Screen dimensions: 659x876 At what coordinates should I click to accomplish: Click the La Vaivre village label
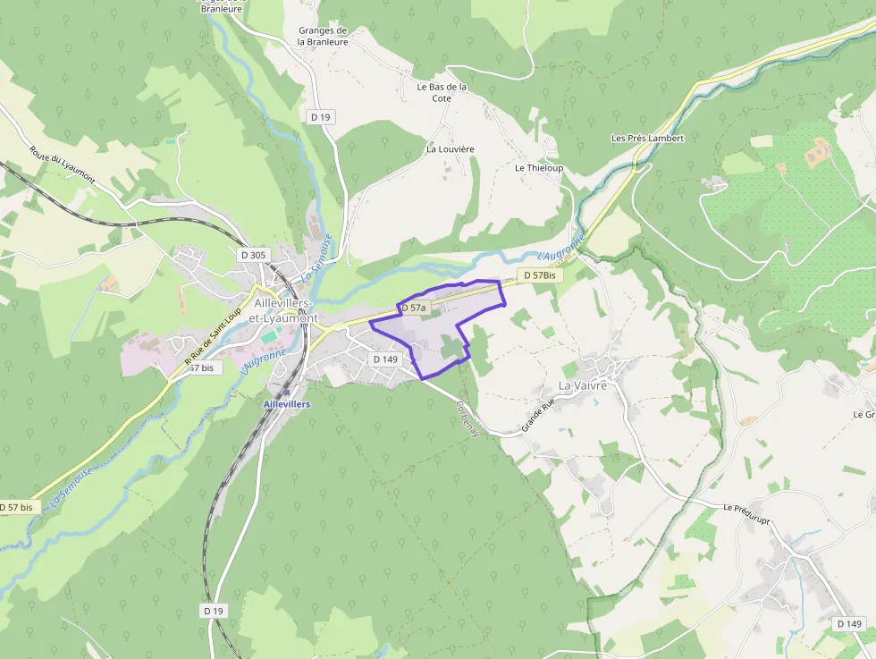[x=583, y=385]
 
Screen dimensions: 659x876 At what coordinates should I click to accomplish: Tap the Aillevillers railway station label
[x=287, y=404]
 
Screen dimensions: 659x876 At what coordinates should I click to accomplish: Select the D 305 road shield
[x=253, y=255]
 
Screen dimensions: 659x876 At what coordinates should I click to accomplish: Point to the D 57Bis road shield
[x=540, y=276]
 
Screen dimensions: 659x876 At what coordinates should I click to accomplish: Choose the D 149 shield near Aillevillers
[x=385, y=359]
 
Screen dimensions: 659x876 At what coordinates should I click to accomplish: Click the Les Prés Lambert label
[x=647, y=139]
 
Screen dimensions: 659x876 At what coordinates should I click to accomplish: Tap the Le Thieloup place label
[x=539, y=168]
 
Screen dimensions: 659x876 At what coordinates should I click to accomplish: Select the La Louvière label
[x=450, y=149]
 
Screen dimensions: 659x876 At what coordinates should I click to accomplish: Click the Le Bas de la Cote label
[x=442, y=92]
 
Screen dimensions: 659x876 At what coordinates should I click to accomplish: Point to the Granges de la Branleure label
[x=323, y=36]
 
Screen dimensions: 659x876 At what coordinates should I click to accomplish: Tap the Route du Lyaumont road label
[x=62, y=165]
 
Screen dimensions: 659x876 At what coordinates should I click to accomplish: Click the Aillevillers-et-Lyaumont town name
[x=286, y=310]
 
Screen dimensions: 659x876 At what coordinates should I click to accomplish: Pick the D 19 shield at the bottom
[x=214, y=611]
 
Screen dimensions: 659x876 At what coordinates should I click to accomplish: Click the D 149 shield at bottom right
[x=850, y=623]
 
